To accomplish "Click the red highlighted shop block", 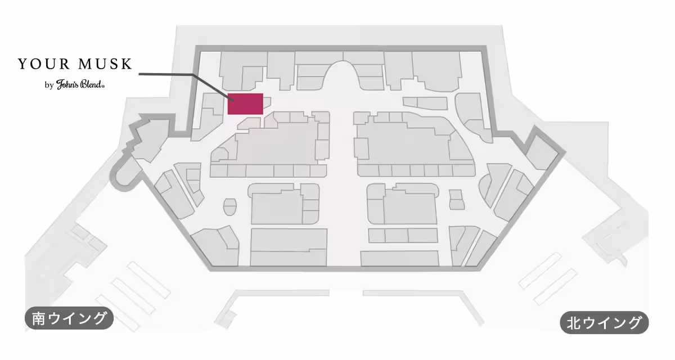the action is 245,104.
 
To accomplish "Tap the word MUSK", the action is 105,64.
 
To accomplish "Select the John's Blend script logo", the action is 79,84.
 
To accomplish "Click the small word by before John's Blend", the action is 49,85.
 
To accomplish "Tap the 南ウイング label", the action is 69,318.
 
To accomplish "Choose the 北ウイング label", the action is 604,322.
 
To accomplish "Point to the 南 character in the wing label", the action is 39,318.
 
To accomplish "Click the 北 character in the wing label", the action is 574,323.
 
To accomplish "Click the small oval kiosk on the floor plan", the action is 230,207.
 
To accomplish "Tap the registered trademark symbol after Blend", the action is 103,86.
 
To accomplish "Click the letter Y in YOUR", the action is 22,64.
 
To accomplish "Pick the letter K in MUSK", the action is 127,64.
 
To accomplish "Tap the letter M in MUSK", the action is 85,64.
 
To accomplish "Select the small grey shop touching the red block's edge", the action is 267,102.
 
